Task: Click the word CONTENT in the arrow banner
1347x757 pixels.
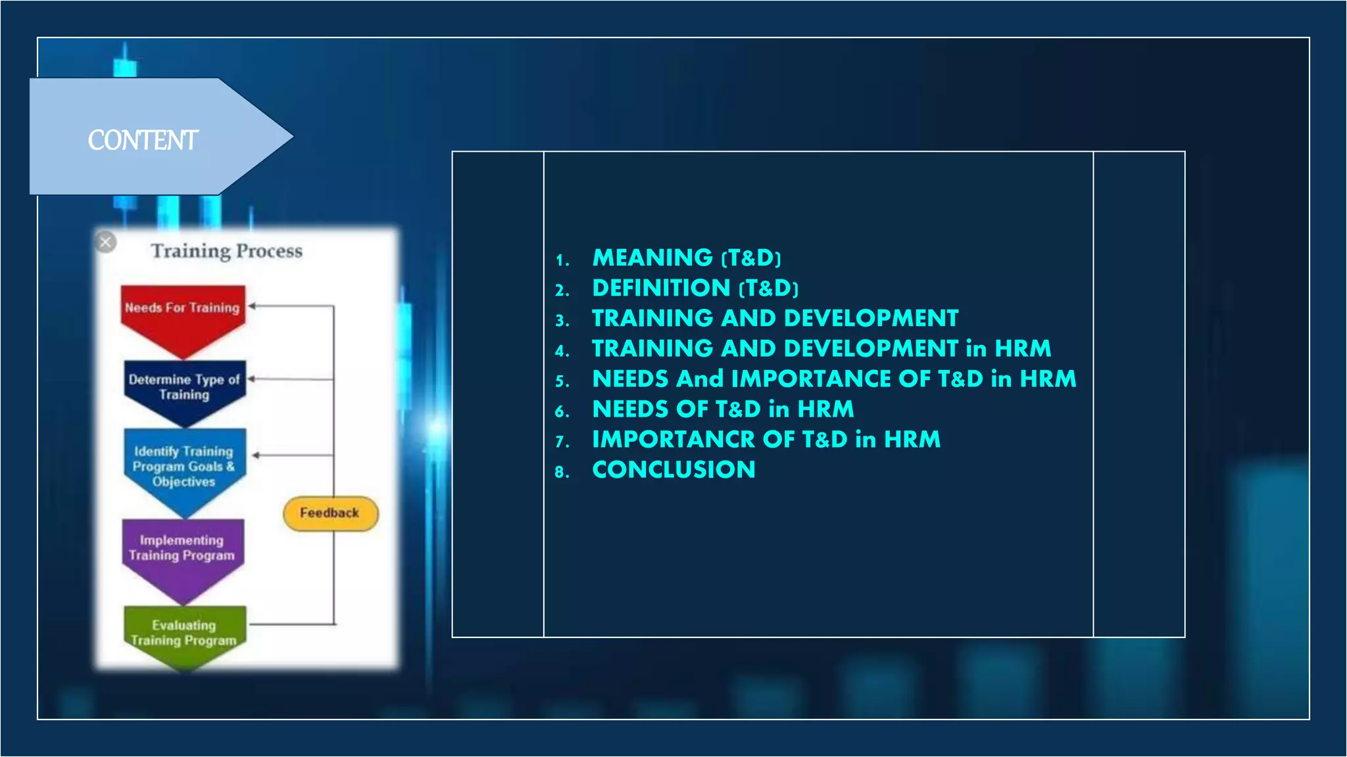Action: (143, 140)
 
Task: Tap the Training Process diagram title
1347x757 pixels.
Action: (226, 251)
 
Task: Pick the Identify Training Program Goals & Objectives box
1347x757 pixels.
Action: (184, 466)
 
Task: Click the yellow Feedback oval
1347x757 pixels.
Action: (330, 513)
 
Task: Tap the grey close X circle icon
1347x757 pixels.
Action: (105, 242)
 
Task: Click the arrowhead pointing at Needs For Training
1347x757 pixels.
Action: (252, 306)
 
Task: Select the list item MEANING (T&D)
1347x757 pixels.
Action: (686, 258)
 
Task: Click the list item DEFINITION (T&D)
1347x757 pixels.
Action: (695, 288)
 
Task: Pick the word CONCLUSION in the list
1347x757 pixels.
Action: (673, 469)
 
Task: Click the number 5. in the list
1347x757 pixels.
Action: (562, 380)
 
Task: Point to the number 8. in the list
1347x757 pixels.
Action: (562, 471)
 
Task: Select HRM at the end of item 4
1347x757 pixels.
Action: (1023, 348)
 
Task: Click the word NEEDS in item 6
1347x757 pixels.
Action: (630, 409)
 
